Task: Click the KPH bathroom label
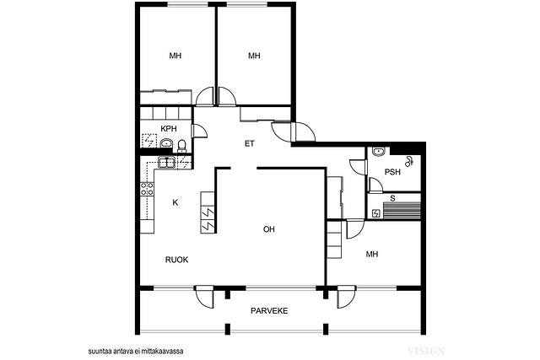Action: (169, 129)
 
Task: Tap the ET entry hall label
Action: (250, 143)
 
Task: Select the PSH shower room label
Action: (392, 171)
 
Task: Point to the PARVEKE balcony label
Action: (269, 311)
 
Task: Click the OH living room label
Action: (269, 229)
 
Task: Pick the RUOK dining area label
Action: (176, 260)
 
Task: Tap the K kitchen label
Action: (175, 202)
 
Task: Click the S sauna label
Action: (392, 199)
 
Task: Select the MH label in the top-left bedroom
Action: (175, 56)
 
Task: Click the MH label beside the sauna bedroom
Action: (372, 254)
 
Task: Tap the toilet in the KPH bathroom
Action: (181, 146)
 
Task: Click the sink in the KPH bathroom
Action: (167, 142)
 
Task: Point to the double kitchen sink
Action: (167, 162)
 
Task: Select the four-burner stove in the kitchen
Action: (147, 190)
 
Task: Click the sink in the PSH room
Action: (379, 152)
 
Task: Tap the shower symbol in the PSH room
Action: (409, 161)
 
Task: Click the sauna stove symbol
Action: (375, 214)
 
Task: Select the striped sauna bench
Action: (402, 210)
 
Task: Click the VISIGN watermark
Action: (426, 351)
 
